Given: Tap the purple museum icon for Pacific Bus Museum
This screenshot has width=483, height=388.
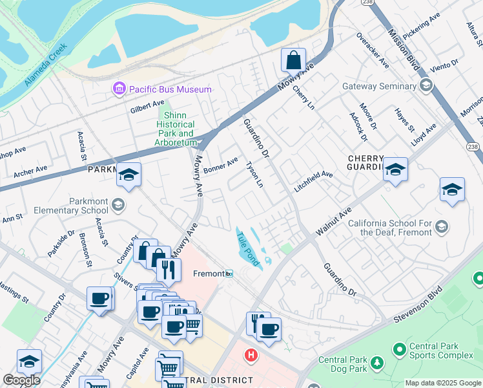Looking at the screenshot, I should [x=119, y=89].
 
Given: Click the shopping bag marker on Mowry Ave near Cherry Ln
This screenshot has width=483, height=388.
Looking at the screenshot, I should [x=293, y=60].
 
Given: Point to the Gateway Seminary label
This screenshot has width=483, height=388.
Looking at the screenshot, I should [x=379, y=86].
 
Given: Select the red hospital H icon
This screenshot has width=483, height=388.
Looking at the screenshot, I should [x=250, y=356].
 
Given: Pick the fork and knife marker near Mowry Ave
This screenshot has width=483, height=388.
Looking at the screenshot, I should [x=169, y=269].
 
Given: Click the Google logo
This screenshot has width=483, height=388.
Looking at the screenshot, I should [x=21, y=380].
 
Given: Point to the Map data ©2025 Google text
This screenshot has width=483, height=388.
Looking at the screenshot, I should [x=443, y=383].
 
